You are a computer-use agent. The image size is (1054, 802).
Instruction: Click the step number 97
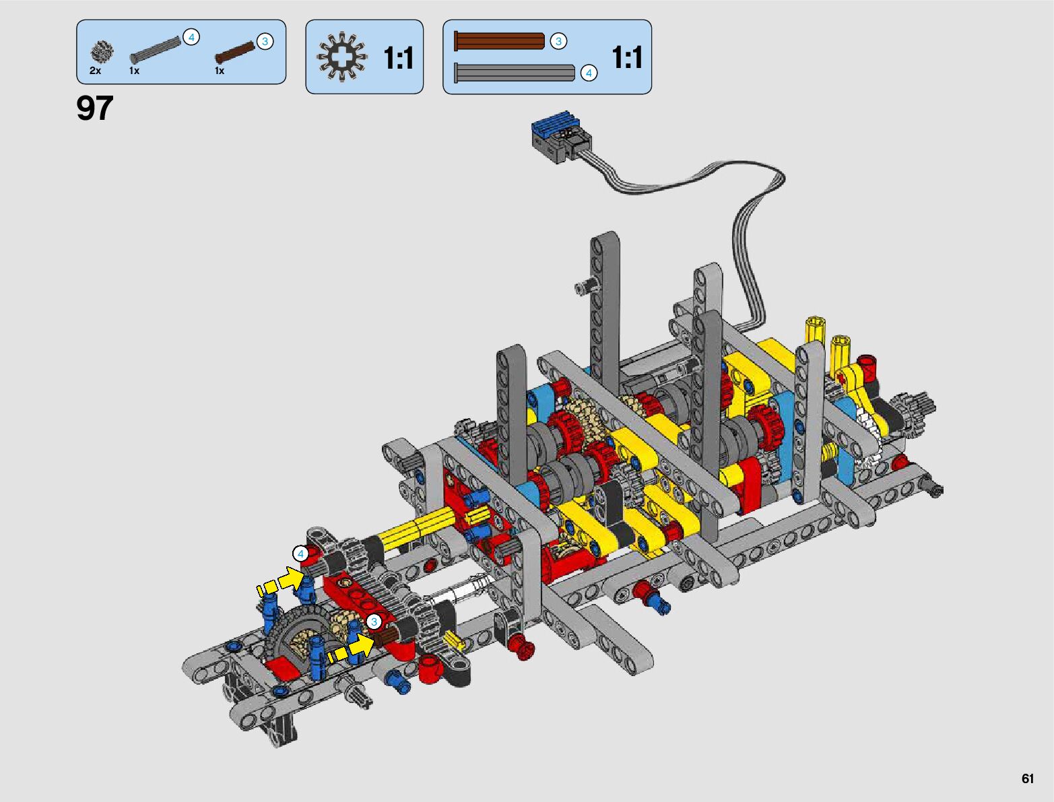tap(94, 108)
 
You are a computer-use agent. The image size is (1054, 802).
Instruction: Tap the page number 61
tap(1028, 778)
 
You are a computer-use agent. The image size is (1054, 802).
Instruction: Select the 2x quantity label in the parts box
tap(95, 71)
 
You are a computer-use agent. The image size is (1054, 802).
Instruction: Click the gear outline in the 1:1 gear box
tap(342, 57)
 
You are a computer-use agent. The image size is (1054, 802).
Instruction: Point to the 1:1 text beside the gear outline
tap(399, 58)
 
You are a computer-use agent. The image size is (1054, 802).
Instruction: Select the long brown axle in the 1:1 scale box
tap(500, 41)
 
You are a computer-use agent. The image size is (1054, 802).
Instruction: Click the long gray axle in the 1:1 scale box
tap(515, 73)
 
